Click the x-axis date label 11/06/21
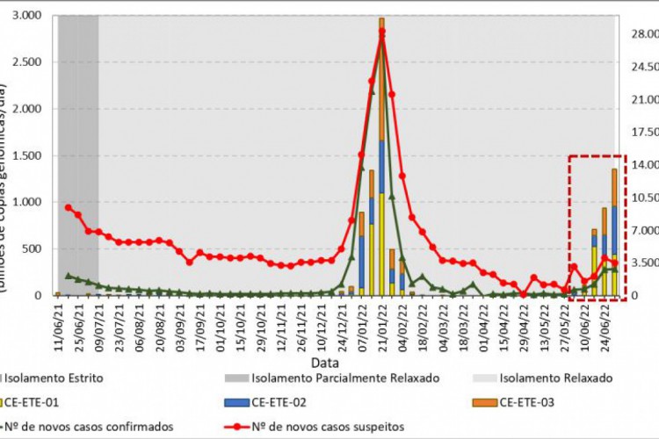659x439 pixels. point(59,325)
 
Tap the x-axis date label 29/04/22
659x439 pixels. point(524,325)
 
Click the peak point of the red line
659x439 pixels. point(381,32)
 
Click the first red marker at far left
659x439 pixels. point(68,207)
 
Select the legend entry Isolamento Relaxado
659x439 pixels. point(556,378)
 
